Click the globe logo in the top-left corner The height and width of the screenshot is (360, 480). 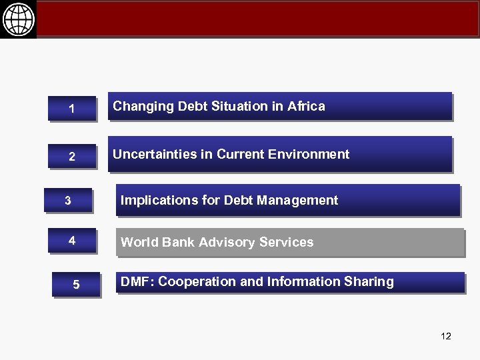point(18,19)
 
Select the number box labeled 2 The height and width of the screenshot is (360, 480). point(71,157)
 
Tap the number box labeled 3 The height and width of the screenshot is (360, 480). point(67,201)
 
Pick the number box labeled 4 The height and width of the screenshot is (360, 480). point(71,241)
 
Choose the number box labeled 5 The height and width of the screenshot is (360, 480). point(76,285)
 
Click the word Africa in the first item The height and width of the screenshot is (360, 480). point(307,106)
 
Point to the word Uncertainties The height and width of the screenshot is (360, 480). point(154,155)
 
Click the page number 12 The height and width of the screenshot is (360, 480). point(446,336)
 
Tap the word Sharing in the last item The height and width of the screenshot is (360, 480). point(371,281)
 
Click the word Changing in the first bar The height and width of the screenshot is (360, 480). point(137,106)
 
